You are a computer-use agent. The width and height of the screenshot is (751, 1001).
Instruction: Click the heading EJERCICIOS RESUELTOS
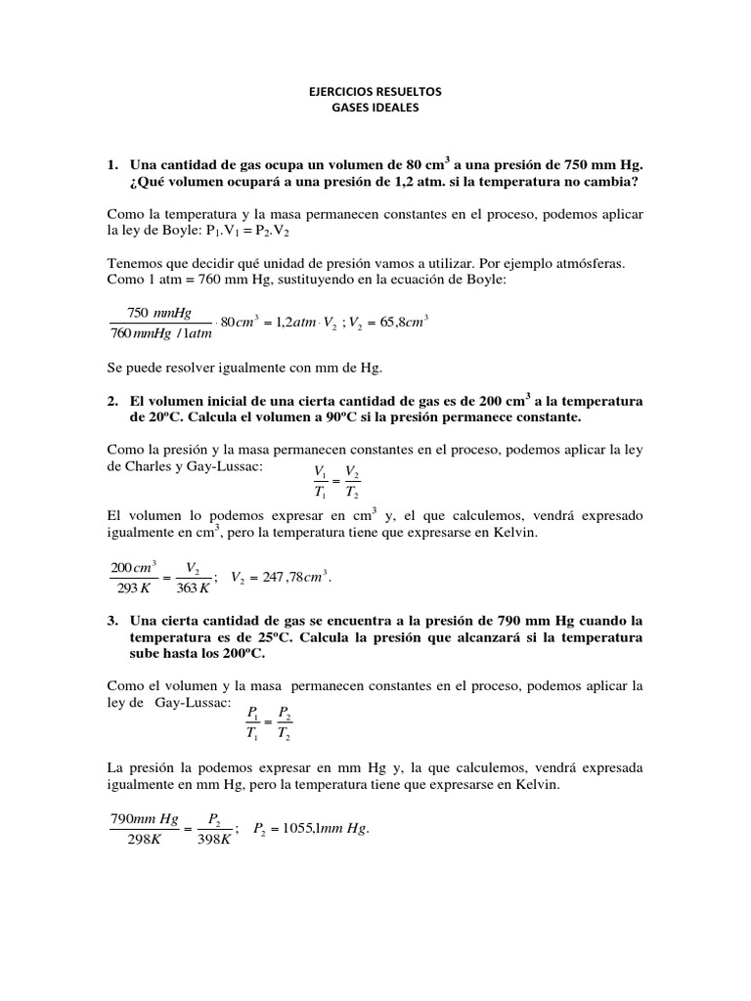click(375, 91)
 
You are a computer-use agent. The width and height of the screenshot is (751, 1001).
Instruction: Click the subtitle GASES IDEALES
click(375, 109)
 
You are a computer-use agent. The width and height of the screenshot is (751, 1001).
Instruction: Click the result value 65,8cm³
click(396, 323)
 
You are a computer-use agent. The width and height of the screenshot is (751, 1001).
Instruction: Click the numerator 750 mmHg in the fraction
click(159, 312)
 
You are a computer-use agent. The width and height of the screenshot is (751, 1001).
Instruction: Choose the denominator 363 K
click(192, 588)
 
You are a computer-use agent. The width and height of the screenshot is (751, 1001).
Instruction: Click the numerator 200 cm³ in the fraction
click(134, 567)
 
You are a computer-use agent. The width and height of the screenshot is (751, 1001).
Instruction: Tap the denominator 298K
click(143, 840)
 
